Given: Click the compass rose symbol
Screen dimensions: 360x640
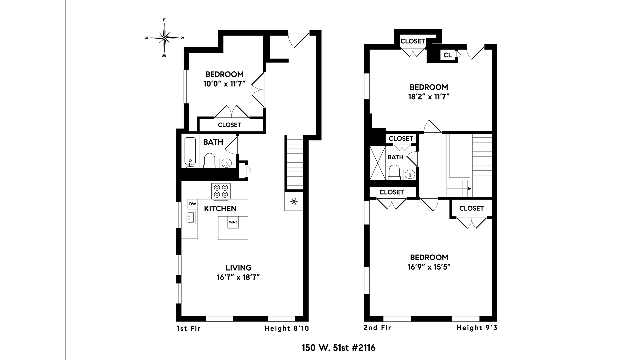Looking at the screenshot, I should [164, 38].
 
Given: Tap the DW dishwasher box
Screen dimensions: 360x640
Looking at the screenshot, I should [193, 204].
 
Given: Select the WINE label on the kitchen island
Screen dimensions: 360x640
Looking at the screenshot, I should [233, 222].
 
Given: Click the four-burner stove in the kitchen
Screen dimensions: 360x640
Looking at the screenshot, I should [221, 191].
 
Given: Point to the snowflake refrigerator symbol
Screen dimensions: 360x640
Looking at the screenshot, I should [294, 201].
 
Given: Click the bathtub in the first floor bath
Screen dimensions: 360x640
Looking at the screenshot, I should [190, 152].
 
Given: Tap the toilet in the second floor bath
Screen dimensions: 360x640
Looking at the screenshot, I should [394, 173].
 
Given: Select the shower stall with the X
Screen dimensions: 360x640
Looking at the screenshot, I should [378, 163].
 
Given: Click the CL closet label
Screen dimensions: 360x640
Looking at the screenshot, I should [448, 55].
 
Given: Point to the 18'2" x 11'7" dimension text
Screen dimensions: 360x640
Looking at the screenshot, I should [429, 97].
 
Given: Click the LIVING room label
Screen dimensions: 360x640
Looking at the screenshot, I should [238, 268].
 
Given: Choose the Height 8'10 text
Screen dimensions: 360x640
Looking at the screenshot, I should [287, 328].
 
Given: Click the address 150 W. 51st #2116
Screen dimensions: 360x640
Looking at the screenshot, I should [338, 348].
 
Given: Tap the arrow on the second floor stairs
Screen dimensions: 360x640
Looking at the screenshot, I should [469, 189].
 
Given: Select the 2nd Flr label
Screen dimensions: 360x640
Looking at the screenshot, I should [377, 328].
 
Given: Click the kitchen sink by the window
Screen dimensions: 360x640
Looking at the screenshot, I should [190, 218].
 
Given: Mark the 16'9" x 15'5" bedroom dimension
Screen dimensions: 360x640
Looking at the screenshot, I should [429, 267].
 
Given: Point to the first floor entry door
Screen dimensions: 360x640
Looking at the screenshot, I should [298, 39].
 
